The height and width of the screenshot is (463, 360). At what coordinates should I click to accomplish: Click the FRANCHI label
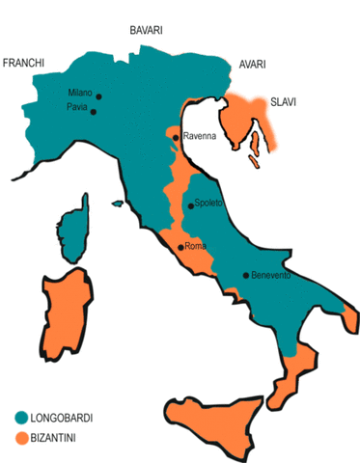(x=25, y=63)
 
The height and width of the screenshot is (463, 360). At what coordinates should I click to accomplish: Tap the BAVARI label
(x=149, y=32)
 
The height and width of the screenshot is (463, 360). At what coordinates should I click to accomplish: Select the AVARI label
(x=253, y=65)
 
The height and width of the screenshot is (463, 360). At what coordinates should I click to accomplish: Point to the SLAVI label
(x=284, y=100)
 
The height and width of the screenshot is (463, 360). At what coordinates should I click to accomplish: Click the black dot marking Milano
(x=98, y=95)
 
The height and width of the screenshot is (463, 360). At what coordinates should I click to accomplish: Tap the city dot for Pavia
(x=94, y=112)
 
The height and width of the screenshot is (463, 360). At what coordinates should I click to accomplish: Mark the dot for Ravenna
(x=176, y=138)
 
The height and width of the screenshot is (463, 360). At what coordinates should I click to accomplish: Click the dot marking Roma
(x=180, y=247)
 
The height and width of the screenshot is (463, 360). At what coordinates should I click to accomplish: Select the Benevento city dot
(x=246, y=275)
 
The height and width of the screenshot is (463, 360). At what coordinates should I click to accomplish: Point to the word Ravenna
(x=202, y=137)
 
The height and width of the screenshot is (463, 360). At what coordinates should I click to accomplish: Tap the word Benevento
(x=271, y=276)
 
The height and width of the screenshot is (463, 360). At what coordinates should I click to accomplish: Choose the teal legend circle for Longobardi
(x=21, y=418)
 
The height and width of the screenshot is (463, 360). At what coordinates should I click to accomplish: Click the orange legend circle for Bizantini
(x=21, y=438)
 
